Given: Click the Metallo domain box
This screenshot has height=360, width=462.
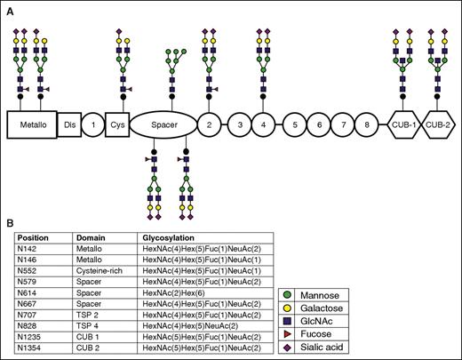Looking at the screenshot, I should [32, 124].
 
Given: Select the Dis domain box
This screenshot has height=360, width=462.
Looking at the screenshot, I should [69, 124].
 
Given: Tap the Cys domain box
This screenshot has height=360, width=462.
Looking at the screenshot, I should [117, 124].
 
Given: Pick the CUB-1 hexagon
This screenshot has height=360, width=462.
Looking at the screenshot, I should [406, 124].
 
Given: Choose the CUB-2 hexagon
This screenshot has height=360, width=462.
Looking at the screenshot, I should [440, 124].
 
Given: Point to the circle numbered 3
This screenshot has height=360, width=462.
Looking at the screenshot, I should [239, 124].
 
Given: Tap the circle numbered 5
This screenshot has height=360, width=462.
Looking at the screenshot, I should [290, 124].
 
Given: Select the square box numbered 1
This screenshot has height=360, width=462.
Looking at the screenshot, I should [92, 124].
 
